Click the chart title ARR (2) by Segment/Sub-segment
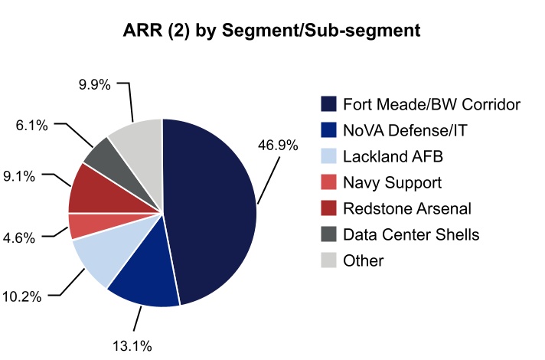[x=272, y=31]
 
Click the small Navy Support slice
[x=83, y=226]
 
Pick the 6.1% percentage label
[x=31, y=123]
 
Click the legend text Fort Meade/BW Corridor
[x=432, y=103]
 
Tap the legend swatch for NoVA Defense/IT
[x=328, y=130]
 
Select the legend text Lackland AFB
[x=393, y=156]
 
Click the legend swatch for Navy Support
[x=328, y=182]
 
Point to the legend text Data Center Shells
[x=411, y=234]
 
